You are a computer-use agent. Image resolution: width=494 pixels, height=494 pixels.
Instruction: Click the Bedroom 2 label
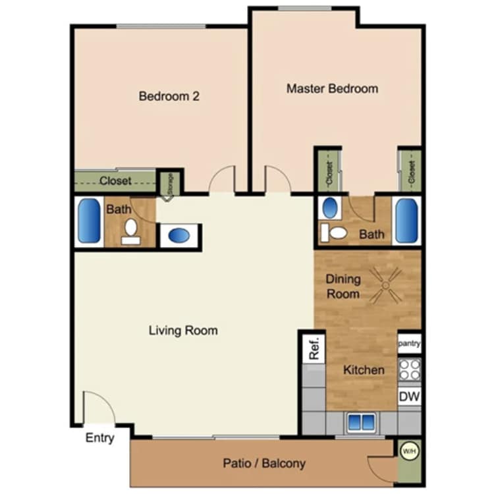click(x=169, y=96)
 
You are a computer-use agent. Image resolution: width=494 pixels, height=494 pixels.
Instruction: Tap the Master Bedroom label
click(x=332, y=88)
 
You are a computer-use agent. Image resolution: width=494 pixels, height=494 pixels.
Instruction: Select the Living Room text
click(x=182, y=330)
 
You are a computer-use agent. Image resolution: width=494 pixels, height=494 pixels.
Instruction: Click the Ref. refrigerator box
click(x=314, y=348)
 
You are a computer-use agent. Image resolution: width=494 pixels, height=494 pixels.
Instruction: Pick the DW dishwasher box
click(x=409, y=397)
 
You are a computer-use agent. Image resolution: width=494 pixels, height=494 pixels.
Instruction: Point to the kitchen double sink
click(x=362, y=422)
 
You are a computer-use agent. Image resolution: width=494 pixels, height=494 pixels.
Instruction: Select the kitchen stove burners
click(x=409, y=370)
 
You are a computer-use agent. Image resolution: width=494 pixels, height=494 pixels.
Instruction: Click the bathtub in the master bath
click(x=406, y=221)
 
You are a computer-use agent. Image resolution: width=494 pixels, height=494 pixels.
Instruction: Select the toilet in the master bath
click(x=337, y=232)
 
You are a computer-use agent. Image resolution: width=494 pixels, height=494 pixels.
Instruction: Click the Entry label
click(x=100, y=438)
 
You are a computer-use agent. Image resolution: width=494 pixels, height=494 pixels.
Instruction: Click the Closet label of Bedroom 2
click(x=115, y=180)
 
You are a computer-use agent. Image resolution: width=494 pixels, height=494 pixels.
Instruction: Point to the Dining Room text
click(x=343, y=286)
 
